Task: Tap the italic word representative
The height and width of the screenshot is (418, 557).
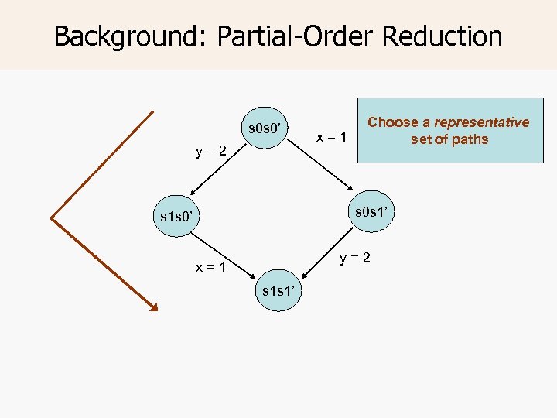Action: (481, 122)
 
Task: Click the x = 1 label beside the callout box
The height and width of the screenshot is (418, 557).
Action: (333, 138)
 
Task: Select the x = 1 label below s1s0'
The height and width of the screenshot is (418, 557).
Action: (210, 268)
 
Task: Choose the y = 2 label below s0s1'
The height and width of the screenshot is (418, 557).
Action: (354, 257)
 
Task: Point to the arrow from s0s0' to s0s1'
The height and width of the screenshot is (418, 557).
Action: (322, 169)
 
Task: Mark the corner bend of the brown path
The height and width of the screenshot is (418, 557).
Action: (53, 218)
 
